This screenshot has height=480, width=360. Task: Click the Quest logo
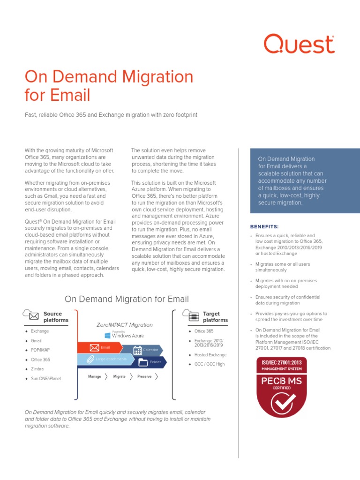click(x=299, y=44)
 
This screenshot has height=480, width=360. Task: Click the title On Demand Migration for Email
click(x=109, y=86)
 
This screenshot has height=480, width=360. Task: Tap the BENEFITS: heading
click(x=264, y=226)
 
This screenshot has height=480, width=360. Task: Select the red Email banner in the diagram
click(x=101, y=347)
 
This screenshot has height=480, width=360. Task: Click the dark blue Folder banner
click(x=150, y=362)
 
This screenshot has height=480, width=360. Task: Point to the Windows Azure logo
click(x=124, y=335)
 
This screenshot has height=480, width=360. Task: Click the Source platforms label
click(x=56, y=317)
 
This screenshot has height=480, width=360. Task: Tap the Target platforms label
click(x=215, y=317)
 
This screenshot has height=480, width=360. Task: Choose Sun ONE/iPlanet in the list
click(x=46, y=378)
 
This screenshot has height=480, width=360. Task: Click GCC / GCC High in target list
click(x=210, y=364)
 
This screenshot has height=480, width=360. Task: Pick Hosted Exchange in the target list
click(x=210, y=355)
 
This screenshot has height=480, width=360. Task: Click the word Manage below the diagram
click(x=95, y=376)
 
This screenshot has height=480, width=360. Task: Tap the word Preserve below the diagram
click(x=144, y=376)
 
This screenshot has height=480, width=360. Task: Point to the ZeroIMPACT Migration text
click(x=124, y=324)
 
